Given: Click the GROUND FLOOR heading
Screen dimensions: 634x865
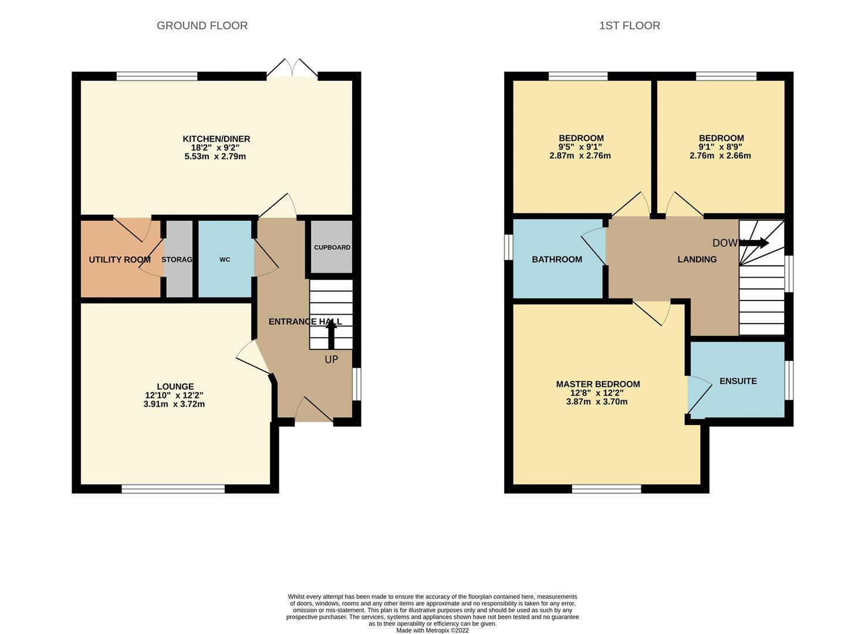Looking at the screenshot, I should [x=202, y=26].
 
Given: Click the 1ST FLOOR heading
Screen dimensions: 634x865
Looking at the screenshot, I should [x=629, y=26].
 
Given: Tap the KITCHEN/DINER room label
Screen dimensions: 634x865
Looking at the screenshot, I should [x=216, y=139].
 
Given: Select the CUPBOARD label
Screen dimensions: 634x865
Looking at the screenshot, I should [x=332, y=248].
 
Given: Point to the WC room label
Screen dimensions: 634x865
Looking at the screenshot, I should [x=225, y=259].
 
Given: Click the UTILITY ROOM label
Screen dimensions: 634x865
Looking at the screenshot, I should [x=120, y=259].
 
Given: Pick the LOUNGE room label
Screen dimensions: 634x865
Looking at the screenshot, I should [x=175, y=386].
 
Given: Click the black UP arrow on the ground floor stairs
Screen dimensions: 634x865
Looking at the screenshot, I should [x=331, y=334].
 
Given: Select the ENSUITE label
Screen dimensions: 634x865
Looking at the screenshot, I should [x=738, y=381].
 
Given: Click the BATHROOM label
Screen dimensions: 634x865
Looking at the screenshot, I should [x=557, y=259].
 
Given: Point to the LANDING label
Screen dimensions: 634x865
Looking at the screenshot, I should [x=697, y=259].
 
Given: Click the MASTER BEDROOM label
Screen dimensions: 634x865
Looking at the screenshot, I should [x=597, y=384].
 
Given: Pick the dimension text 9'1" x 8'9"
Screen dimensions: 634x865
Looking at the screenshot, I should [x=720, y=147].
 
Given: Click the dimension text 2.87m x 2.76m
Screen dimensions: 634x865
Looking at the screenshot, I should [x=580, y=156].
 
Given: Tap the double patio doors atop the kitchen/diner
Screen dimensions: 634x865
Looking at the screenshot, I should [x=292, y=69].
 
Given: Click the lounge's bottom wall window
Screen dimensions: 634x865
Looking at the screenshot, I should [x=173, y=488].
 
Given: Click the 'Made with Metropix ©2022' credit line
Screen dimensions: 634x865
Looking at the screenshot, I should [x=432, y=630].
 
